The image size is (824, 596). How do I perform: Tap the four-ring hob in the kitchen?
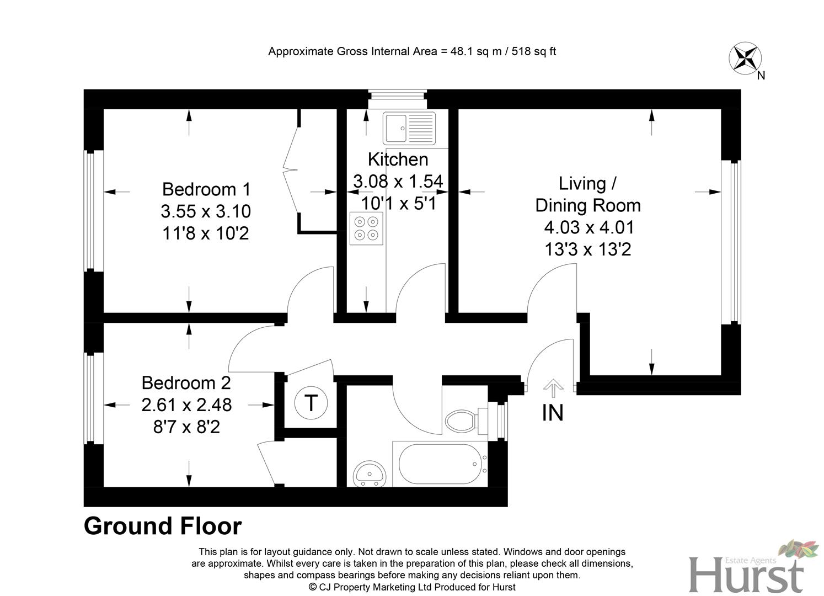(366, 228)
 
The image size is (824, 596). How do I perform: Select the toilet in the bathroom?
(462, 421)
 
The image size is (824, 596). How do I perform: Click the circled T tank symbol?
(311, 403)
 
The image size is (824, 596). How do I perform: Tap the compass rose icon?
(745, 58)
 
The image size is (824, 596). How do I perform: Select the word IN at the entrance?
(553, 413)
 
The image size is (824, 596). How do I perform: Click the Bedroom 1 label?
(206, 189)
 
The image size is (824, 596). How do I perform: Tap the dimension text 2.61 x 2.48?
(186, 405)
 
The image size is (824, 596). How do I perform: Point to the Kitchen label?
(398, 159)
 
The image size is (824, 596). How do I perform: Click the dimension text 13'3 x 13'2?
(587, 249)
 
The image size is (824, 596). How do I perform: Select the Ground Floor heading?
(163, 526)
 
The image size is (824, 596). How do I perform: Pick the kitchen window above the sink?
(398, 99)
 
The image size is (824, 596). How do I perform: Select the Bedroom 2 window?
(94, 397)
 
